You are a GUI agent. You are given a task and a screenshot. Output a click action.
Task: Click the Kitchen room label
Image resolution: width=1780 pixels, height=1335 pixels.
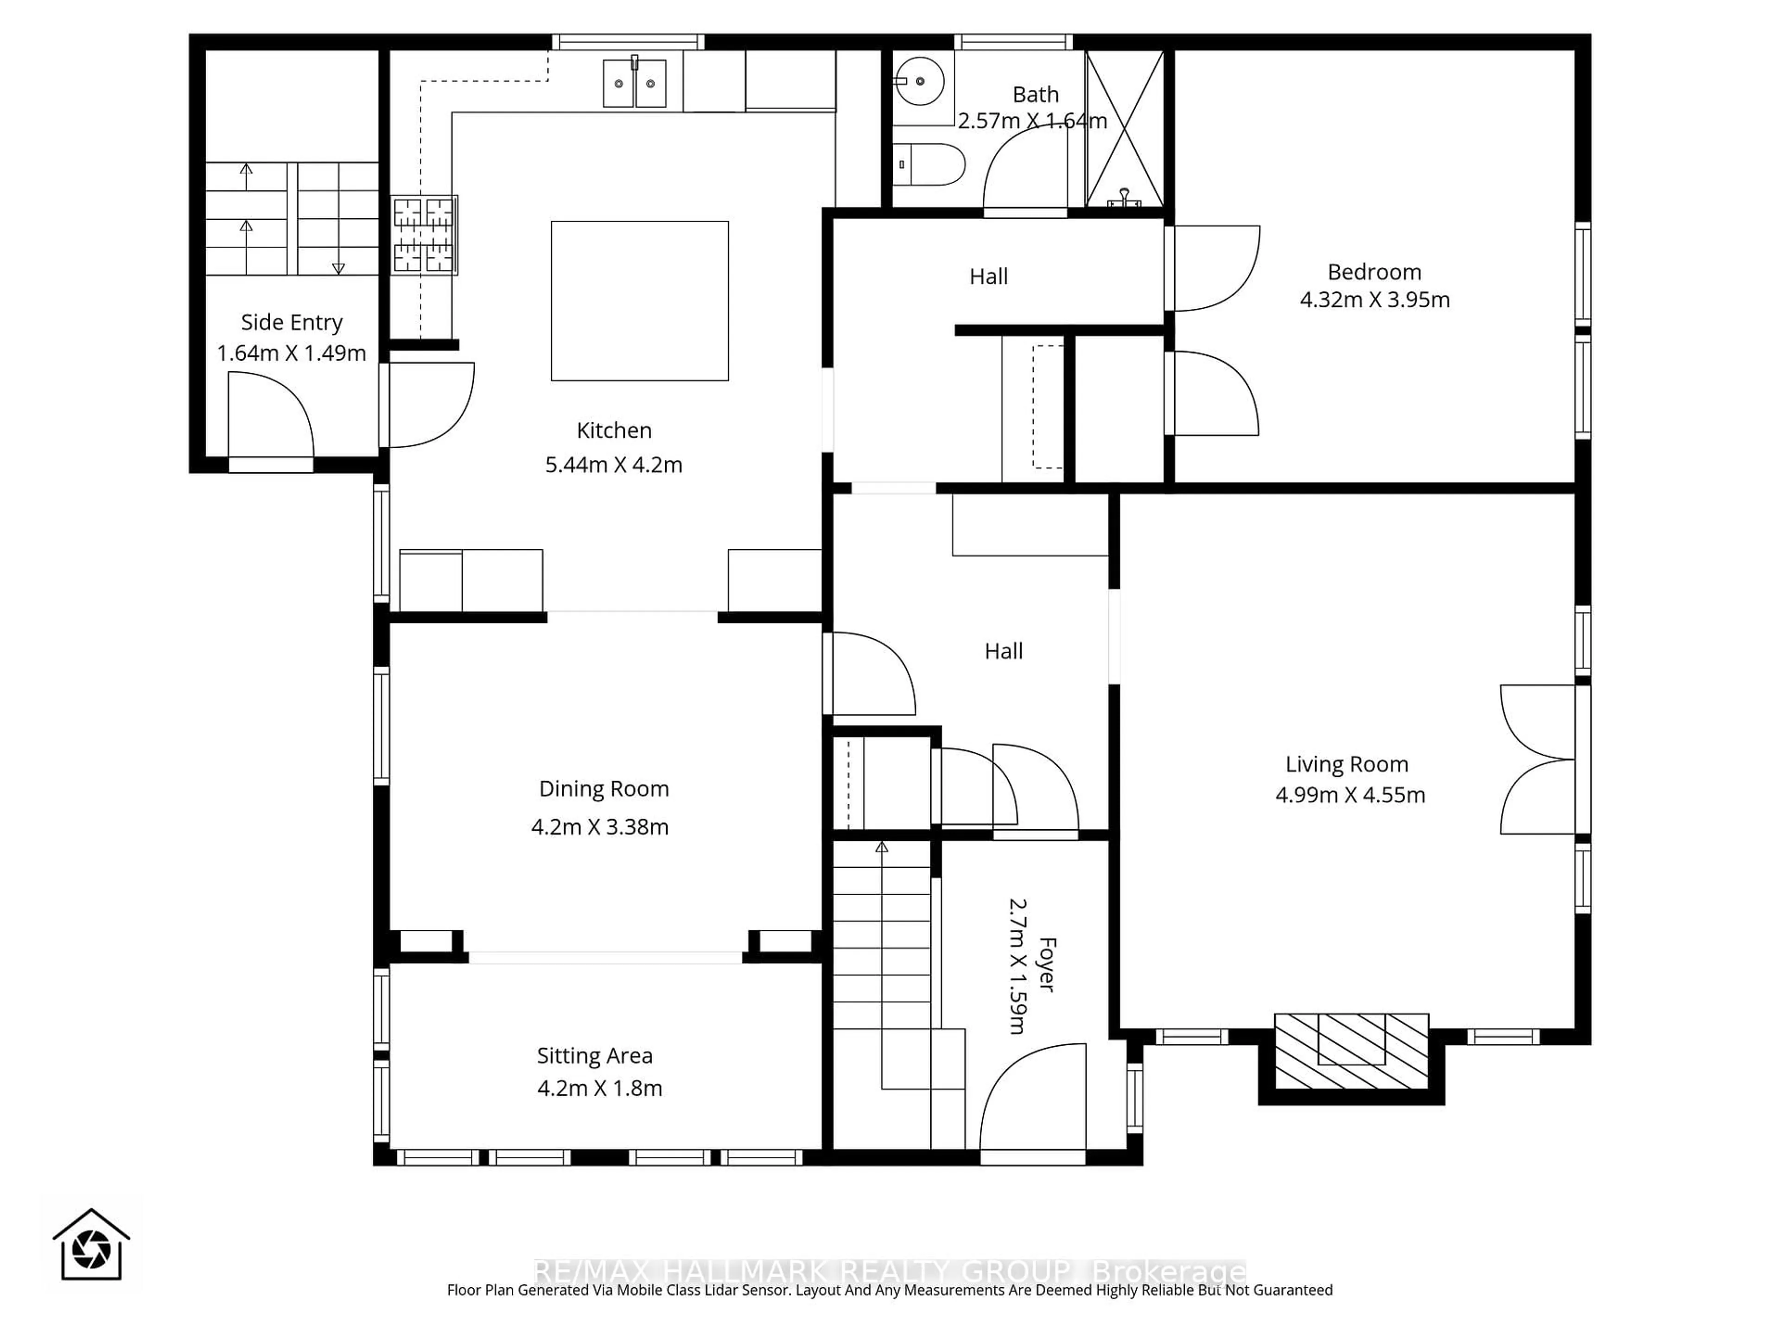614,431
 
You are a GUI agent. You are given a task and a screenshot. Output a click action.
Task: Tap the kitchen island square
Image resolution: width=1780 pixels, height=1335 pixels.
640,301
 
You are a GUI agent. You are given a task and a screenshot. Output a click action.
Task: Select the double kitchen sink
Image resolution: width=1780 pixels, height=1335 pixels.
635,83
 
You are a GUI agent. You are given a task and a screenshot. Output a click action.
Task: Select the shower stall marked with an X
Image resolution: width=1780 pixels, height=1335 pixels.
1124,129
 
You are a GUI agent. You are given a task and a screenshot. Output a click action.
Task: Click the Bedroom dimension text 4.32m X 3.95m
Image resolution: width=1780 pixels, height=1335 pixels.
1374,299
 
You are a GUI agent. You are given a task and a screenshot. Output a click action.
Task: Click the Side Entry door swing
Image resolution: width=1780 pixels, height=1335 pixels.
270,419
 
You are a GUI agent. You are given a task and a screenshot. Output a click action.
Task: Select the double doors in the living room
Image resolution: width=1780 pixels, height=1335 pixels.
1537,759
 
